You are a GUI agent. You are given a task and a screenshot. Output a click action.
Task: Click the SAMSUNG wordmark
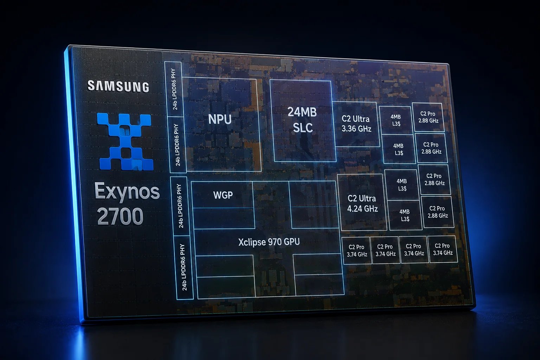(118, 86)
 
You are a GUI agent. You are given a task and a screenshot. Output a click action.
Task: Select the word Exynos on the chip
(127, 192)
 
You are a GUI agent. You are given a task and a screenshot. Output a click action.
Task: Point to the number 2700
(120, 216)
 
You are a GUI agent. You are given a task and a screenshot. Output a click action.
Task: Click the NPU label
(220, 119)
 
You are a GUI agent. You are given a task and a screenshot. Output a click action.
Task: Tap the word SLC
(303, 127)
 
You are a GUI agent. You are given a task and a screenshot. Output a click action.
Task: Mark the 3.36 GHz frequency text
(356, 129)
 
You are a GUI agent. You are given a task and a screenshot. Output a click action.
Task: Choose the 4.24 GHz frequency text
(362, 208)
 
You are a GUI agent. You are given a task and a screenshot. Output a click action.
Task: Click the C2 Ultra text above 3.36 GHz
(355, 119)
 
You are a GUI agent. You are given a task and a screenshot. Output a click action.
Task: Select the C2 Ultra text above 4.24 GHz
(362, 198)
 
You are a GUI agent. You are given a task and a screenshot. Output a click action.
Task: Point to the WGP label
(223, 195)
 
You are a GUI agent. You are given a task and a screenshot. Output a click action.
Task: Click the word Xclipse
(251, 242)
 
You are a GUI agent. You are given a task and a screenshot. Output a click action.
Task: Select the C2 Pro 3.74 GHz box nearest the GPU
(357, 251)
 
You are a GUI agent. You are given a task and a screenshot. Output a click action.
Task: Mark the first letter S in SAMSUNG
(91, 85)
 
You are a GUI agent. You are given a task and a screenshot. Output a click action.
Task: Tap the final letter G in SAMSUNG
(145, 88)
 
